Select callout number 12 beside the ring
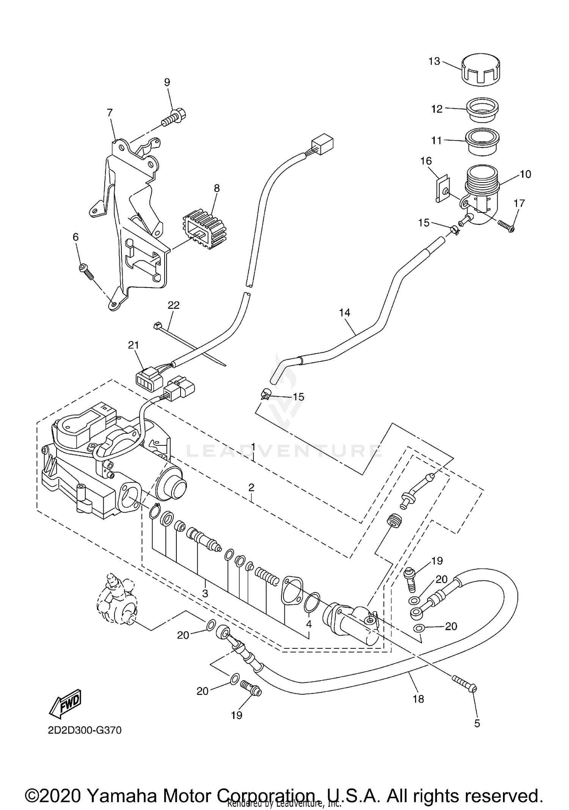click(437, 109)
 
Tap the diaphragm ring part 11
click(481, 141)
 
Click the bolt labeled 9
click(173, 116)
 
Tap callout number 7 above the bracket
click(110, 113)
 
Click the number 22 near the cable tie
click(174, 305)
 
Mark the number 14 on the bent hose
click(344, 313)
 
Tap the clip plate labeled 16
click(442, 188)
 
